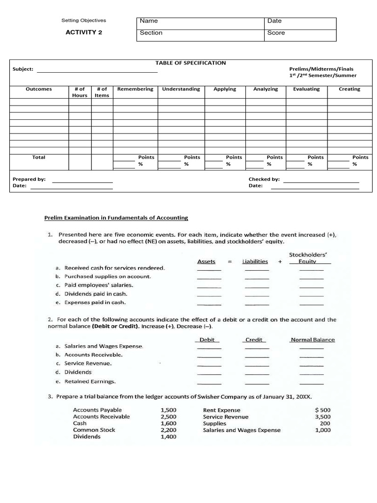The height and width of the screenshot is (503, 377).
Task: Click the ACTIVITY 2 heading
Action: (x=84, y=32)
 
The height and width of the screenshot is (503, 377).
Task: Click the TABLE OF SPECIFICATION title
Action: (x=190, y=63)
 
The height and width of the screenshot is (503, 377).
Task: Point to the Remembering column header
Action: (x=135, y=89)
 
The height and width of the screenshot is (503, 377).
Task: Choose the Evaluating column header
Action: (x=306, y=89)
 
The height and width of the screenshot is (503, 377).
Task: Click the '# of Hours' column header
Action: (x=80, y=92)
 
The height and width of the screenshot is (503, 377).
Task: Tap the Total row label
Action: (x=39, y=157)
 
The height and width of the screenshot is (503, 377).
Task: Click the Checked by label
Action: (x=264, y=179)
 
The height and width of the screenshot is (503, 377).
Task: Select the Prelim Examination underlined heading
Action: (x=116, y=218)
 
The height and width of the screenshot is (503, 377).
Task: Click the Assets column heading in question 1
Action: (x=206, y=262)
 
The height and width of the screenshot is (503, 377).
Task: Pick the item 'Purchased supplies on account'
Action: (x=108, y=277)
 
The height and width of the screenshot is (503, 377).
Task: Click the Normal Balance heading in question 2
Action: (x=313, y=340)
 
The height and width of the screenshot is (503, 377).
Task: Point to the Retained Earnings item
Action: (x=90, y=381)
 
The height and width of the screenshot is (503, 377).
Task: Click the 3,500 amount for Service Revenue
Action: (x=323, y=417)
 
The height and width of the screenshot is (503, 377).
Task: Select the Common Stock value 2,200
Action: (x=168, y=430)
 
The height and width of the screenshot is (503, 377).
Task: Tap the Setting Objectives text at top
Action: (x=83, y=21)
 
